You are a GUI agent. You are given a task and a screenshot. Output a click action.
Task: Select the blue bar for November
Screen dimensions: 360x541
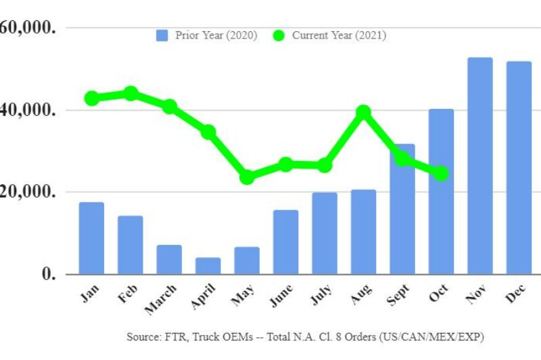[x=480, y=166]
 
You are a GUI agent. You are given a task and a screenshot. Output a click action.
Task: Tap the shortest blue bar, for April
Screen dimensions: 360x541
[x=208, y=265]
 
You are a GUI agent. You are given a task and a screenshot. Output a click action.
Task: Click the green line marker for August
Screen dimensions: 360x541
[x=364, y=112]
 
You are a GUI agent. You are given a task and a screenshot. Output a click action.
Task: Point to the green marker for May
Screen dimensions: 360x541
[x=247, y=177]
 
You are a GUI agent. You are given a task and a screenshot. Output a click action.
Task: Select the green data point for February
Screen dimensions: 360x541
[x=131, y=93]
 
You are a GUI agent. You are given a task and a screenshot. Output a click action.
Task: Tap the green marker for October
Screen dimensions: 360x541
[x=441, y=174]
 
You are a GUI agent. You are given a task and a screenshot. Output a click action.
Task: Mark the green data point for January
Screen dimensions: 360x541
[x=92, y=98]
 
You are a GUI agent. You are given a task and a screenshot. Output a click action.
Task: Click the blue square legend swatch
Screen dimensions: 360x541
[x=162, y=35]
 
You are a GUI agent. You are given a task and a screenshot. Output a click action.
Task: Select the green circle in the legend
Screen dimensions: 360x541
[x=279, y=35]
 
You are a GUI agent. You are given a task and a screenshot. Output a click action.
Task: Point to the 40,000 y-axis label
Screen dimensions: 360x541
[x=27, y=110]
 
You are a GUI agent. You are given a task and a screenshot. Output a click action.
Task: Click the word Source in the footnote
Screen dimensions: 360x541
[x=143, y=336]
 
